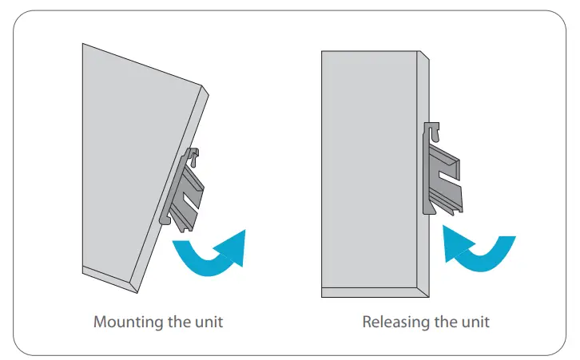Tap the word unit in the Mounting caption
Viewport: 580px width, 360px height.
[207, 322]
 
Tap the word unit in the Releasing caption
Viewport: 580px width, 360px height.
[473, 322]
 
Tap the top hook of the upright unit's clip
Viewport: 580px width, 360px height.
[431, 128]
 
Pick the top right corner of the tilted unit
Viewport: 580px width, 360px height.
[207, 85]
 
